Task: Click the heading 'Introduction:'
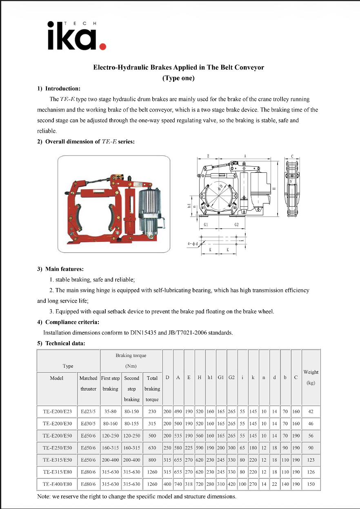point(62,89)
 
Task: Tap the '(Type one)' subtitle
point(178,78)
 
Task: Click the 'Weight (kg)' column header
point(311,377)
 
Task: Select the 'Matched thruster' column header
point(88,383)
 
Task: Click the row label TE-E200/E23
point(57,412)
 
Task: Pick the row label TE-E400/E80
point(57,484)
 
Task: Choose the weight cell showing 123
point(311,460)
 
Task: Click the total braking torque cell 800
point(152,460)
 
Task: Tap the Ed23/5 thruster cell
point(88,412)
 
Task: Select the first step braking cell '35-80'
point(110,412)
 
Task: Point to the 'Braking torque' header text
point(131,355)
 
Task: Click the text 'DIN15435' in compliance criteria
point(140,333)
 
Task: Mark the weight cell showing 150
point(311,484)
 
